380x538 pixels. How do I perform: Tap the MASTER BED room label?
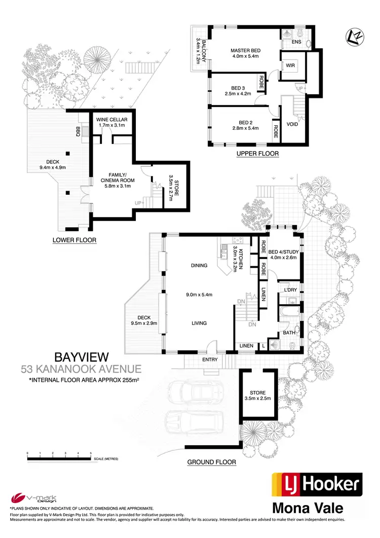click(245, 51)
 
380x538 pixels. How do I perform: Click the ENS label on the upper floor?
click(297, 42)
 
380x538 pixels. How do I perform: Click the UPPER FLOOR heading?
click(257, 153)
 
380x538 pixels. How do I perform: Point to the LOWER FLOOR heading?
click(74, 240)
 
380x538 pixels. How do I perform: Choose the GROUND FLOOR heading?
click(212, 462)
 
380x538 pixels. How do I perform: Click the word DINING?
click(199, 265)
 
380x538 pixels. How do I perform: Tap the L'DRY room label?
click(290, 290)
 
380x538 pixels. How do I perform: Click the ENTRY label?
click(210, 360)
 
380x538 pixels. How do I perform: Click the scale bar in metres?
click(59, 458)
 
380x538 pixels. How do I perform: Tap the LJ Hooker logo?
click(317, 486)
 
